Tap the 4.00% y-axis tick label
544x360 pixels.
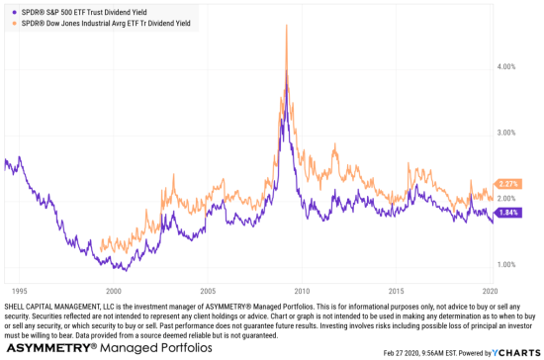[507, 66]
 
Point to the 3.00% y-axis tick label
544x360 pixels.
[507, 133]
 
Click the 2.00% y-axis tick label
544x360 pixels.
[507, 199]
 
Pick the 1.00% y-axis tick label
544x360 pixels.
[507, 264]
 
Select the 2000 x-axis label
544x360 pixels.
[114, 292]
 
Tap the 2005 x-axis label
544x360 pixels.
[208, 292]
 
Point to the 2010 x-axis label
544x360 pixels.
[302, 292]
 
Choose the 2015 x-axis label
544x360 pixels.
[397, 292]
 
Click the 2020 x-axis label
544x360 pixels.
[490, 292]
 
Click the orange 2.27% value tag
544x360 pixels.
[509, 183]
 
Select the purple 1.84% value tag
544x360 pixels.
[509, 212]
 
